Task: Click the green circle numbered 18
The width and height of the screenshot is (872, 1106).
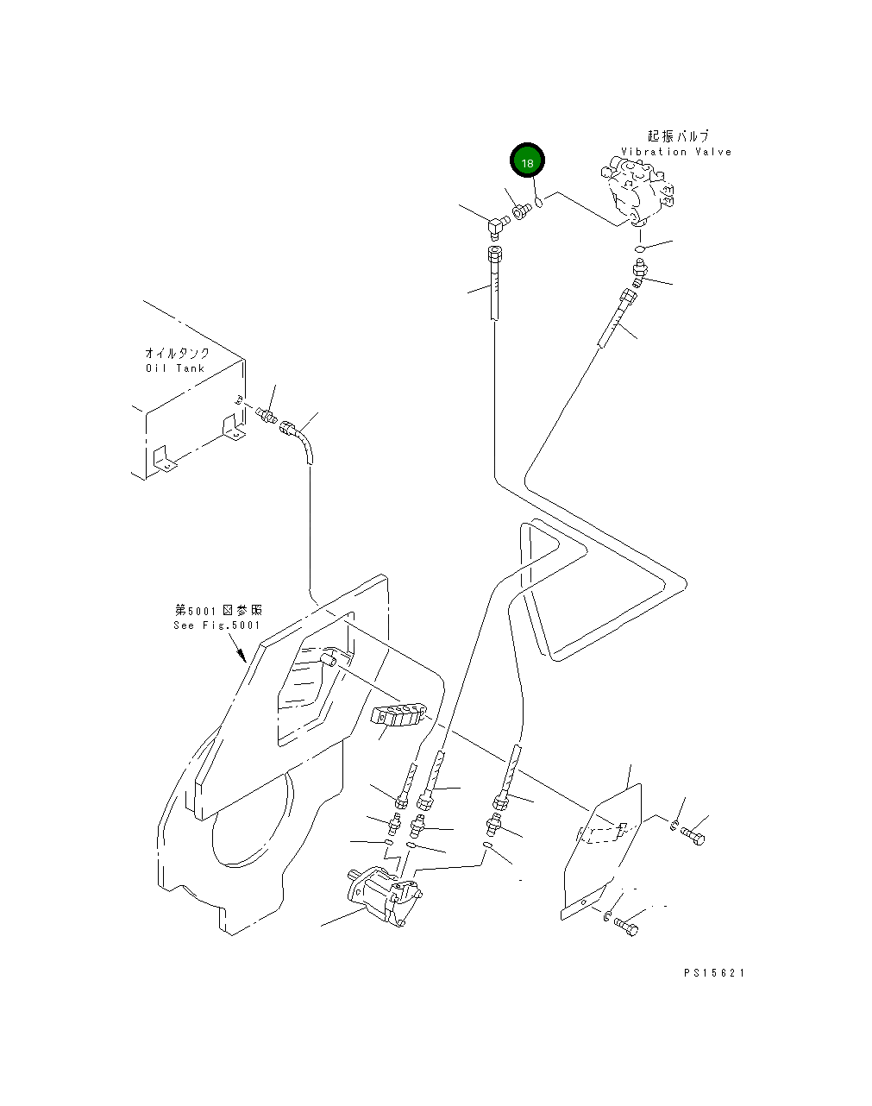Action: tap(527, 161)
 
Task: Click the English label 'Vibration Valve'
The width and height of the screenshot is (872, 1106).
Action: tap(675, 152)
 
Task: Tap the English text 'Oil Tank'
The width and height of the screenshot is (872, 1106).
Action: tap(175, 368)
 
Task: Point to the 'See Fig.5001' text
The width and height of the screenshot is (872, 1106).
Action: tap(216, 625)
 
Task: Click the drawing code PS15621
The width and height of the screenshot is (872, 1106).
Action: tap(714, 973)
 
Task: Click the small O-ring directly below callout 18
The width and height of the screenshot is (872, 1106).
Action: tap(537, 204)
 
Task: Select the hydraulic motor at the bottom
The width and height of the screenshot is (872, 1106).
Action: tap(386, 897)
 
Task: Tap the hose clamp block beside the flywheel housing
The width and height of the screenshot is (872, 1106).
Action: tap(398, 715)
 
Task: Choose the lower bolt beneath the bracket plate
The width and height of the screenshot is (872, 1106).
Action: tap(627, 927)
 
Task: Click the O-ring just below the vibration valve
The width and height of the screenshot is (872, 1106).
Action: tap(640, 249)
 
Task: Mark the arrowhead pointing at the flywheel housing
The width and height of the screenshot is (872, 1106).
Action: tap(242, 657)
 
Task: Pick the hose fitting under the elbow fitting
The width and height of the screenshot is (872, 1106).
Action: tap(496, 255)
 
